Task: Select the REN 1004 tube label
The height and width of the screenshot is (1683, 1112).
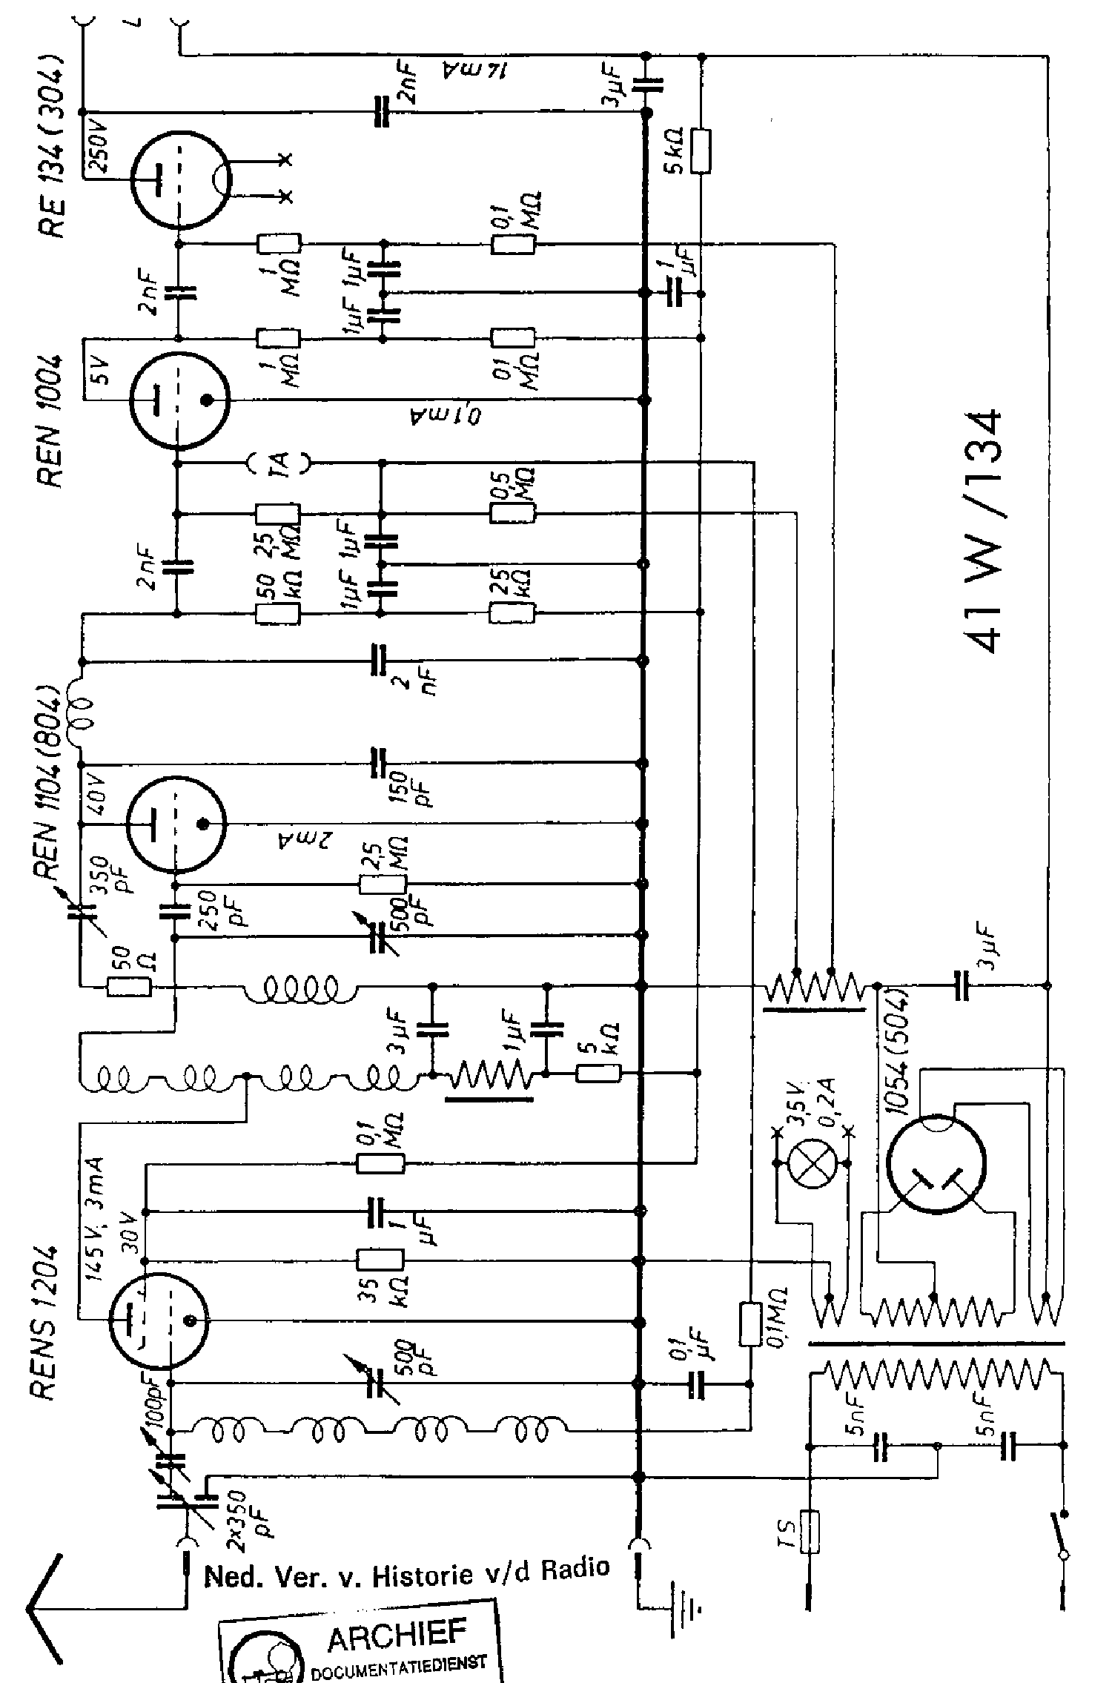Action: pos(52,422)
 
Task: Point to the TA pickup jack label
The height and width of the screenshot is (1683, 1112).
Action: pos(279,464)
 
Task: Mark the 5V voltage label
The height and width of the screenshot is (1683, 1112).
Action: pos(99,370)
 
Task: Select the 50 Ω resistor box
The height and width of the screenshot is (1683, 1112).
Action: pos(130,986)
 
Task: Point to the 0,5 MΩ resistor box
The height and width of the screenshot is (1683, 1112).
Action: pos(512,514)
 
